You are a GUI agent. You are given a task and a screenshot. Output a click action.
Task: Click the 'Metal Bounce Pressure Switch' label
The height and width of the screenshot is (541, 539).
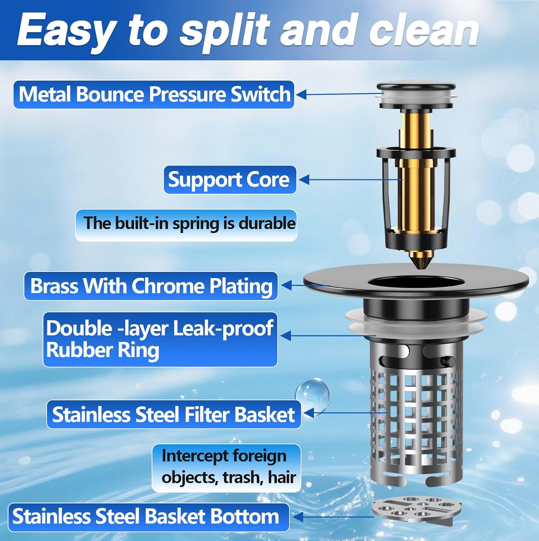coord(154,94)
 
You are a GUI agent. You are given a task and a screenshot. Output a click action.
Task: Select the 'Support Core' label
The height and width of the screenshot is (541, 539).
coord(230,180)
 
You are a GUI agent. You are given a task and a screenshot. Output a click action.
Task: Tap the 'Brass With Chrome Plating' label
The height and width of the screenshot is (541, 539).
coord(151,286)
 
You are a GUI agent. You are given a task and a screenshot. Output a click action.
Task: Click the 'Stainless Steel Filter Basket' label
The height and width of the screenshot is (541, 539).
coord(174,414)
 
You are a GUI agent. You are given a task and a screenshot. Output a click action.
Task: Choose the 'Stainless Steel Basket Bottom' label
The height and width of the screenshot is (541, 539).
coord(149,517)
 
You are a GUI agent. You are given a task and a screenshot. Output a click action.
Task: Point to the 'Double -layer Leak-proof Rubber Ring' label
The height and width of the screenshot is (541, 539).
coord(160,339)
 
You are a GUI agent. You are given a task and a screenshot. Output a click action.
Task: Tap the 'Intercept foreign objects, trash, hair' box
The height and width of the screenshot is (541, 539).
coord(226,468)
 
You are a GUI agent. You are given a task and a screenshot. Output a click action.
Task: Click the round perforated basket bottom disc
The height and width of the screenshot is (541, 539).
coord(417,511)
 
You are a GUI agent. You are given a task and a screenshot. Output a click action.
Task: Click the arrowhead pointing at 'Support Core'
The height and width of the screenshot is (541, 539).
coord(304,180)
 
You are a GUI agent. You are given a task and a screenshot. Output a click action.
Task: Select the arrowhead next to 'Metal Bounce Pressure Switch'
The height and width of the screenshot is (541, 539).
coord(301,95)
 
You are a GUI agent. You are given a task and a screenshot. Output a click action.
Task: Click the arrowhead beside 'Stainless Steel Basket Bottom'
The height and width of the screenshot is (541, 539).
coord(298,517)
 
